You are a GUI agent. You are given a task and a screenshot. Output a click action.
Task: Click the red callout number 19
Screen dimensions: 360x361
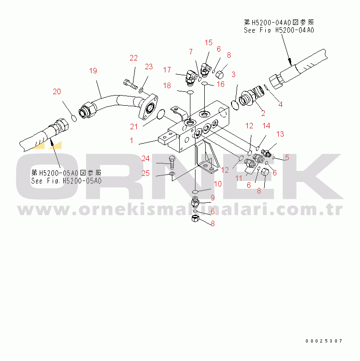click(x=93, y=71)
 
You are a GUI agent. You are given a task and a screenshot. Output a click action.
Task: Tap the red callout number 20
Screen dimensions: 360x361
click(x=57, y=91)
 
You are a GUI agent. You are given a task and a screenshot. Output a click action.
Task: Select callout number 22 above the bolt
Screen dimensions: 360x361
click(x=134, y=58)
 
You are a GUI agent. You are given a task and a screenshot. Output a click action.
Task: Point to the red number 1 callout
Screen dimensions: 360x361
click(x=131, y=140)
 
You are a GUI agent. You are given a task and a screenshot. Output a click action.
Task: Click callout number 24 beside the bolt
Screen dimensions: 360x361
click(x=146, y=158)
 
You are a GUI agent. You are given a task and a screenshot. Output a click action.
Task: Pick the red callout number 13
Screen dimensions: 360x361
click(x=280, y=134)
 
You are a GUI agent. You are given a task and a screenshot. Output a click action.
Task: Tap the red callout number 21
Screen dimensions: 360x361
click(x=134, y=126)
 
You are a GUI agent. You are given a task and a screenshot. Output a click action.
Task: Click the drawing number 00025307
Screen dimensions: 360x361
click(x=324, y=341)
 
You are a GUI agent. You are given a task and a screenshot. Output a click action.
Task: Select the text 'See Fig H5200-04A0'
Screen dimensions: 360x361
click(x=279, y=30)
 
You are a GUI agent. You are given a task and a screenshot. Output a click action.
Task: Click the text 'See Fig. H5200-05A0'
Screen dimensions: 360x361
click(x=67, y=180)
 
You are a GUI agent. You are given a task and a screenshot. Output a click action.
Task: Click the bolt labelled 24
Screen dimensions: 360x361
click(x=172, y=163)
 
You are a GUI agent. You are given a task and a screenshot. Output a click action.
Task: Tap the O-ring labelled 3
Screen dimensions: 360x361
click(x=235, y=105)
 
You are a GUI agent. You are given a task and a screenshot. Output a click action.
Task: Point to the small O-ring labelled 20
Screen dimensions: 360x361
click(x=74, y=118)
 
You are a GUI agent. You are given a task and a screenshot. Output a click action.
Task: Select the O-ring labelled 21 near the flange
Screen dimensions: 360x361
click(x=161, y=114)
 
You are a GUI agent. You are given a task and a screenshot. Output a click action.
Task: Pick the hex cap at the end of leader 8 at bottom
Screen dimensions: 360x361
click(x=195, y=218)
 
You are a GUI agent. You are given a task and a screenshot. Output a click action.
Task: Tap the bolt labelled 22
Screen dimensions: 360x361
click(x=130, y=84)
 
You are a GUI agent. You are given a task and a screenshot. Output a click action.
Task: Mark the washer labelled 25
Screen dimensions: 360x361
click(x=172, y=174)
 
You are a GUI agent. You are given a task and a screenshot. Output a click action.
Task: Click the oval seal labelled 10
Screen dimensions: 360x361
click(x=195, y=192)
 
